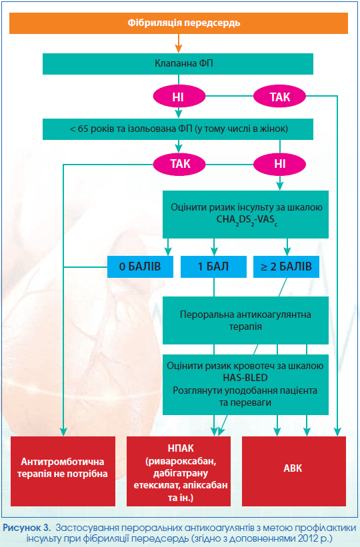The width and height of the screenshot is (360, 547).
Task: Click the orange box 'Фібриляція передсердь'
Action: (179, 23)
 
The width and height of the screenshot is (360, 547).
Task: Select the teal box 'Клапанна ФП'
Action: (178, 64)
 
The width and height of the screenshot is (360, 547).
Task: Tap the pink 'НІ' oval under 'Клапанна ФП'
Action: (179, 97)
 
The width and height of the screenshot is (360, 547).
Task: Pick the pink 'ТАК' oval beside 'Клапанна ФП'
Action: (279, 97)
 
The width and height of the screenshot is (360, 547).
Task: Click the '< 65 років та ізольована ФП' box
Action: (178, 129)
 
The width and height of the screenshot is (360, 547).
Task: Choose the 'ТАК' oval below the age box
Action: (179, 164)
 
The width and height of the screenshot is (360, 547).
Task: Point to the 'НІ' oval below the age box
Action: (279, 164)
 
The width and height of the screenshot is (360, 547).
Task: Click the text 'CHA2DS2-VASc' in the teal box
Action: (247, 220)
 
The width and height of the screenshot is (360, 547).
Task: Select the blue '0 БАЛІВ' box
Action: (140, 267)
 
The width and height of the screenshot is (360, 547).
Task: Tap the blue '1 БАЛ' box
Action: (213, 267)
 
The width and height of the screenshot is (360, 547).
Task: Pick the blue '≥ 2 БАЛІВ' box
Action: (286, 267)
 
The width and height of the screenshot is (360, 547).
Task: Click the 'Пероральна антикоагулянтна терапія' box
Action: (245, 320)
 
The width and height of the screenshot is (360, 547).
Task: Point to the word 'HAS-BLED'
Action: (245, 378)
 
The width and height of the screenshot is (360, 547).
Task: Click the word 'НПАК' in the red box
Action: (181, 448)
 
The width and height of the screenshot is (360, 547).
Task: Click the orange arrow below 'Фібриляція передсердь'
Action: (179, 43)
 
